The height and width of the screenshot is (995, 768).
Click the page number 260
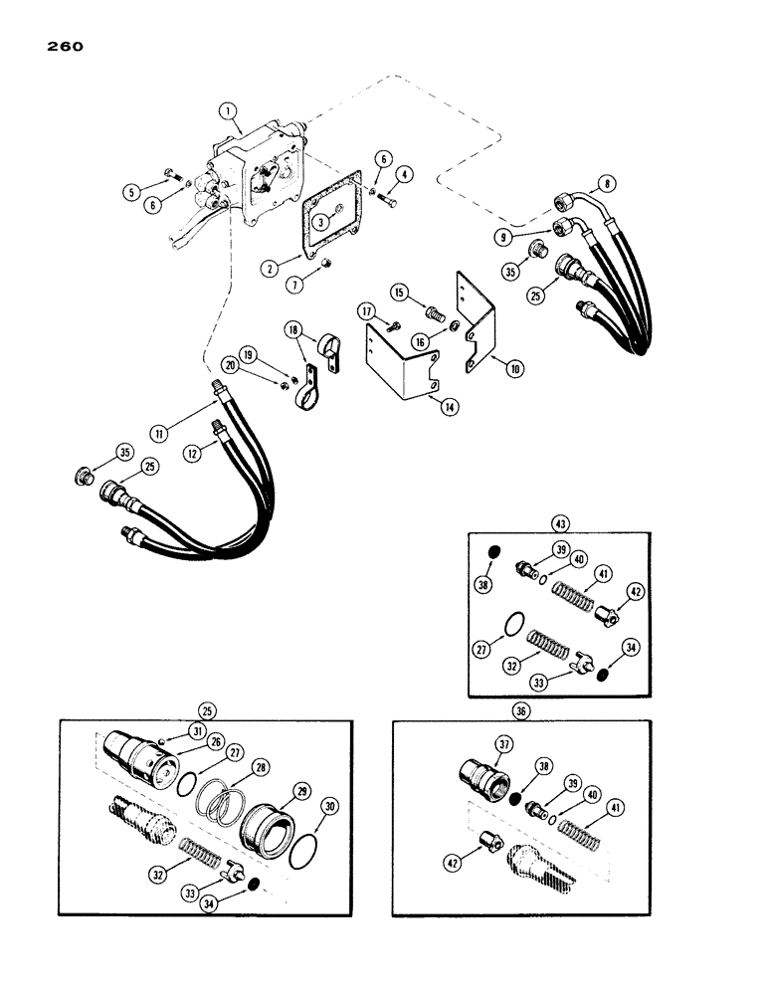(63, 46)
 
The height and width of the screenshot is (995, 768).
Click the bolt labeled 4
(389, 202)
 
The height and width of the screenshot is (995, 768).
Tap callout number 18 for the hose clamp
(294, 329)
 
